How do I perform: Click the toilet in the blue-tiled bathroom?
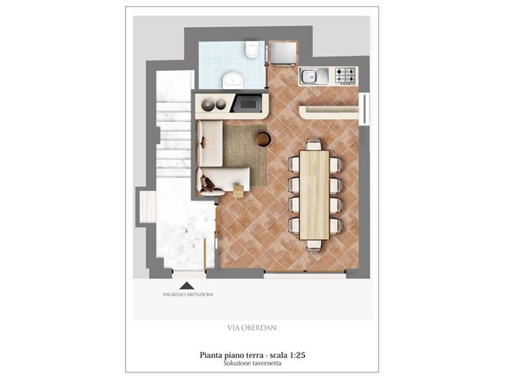click(252, 49)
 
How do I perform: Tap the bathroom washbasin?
click(233, 80)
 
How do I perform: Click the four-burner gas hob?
click(345, 76)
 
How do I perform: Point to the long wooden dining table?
click(315, 195)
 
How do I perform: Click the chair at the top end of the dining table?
click(314, 144)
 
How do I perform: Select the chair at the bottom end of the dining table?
click(314, 246)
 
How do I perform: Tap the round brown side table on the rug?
click(264, 139)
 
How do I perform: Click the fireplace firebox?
click(248, 103)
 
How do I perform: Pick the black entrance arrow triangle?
click(187, 286)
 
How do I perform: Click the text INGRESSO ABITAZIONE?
click(188, 294)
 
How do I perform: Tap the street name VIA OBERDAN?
click(252, 328)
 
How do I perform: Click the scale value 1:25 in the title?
click(298, 355)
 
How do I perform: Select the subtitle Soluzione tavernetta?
click(252, 363)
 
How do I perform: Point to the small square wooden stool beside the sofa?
click(239, 190)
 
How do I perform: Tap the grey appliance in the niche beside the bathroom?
click(283, 53)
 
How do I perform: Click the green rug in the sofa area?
click(245, 154)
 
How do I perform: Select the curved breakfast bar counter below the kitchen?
click(328, 112)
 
